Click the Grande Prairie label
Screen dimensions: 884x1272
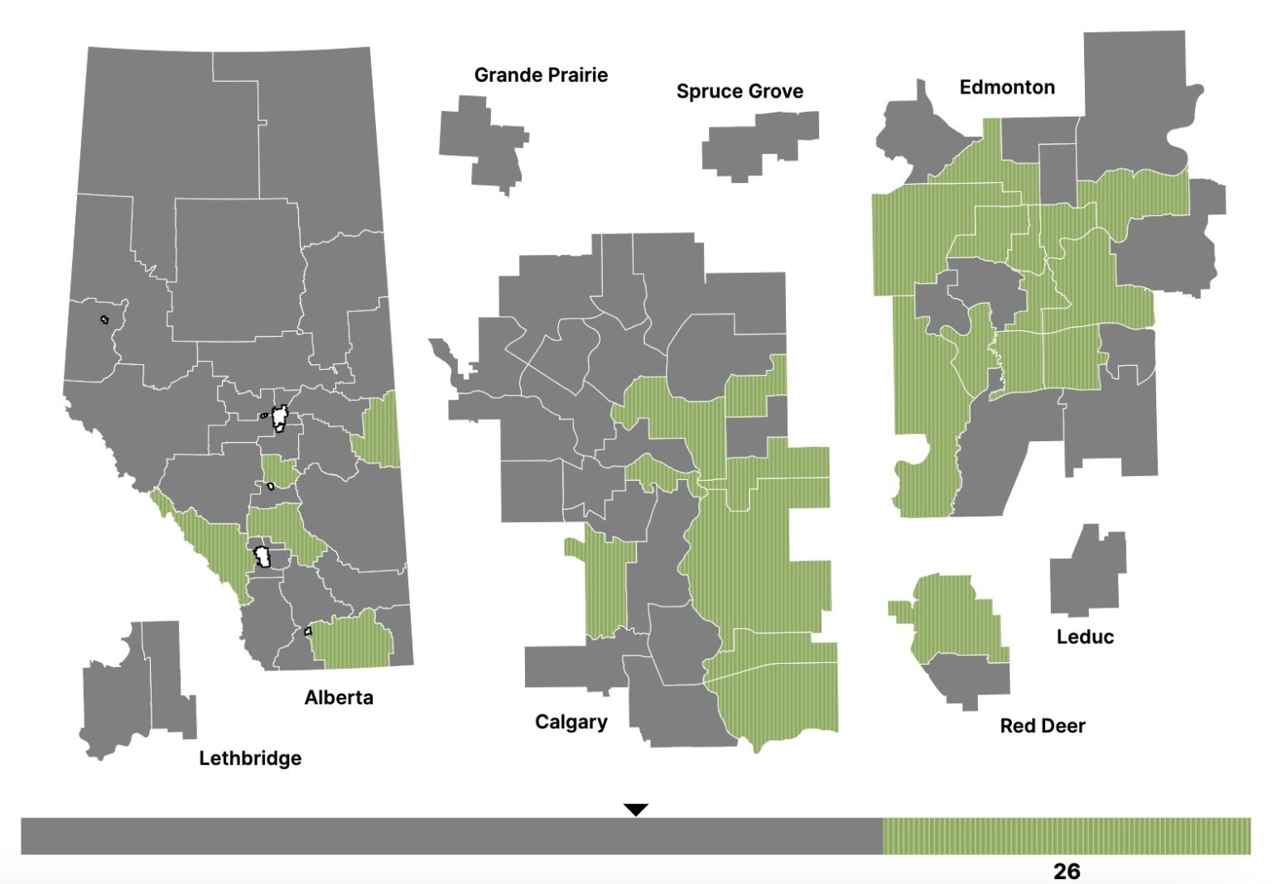click(541, 75)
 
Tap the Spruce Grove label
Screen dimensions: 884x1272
click(740, 91)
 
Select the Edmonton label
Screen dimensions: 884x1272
click(1007, 87)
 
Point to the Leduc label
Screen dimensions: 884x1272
click(1085, 637)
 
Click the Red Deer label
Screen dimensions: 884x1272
click(1042, 726)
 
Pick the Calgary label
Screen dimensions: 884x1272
click(571, 722)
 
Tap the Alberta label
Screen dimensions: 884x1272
click(339, 698)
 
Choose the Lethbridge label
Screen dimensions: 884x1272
click(250, 758)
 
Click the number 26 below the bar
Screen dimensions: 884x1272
click(1067, 871)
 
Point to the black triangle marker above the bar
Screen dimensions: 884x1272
click(635, 810)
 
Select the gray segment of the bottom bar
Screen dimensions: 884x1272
click(451, 836)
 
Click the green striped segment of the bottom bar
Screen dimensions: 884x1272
click(1067, 836)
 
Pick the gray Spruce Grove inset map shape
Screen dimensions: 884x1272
click(754, 145)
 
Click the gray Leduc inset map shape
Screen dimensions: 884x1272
click(1085, 575)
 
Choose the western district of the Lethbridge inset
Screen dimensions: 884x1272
click(116, 704)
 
